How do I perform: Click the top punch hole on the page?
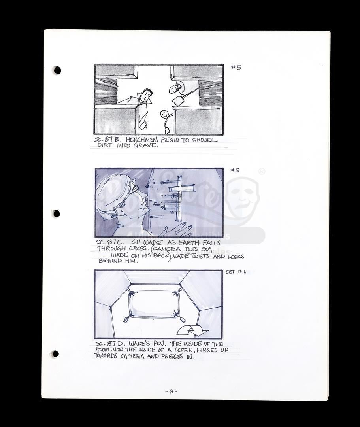(57, 70)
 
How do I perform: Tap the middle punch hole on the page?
(57, 213)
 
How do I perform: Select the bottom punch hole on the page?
(55, 354)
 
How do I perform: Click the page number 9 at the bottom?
(172, 391)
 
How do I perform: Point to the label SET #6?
(236, 272)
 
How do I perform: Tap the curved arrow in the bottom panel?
(192, 330)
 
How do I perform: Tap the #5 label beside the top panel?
(236, 67)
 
